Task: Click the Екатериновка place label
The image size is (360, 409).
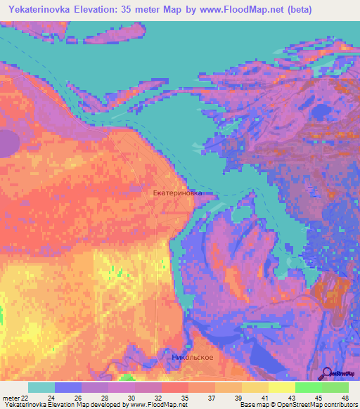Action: [177, 193]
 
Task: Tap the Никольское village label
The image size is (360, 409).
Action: [193, 357]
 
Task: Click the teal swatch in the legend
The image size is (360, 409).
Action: [41, 387]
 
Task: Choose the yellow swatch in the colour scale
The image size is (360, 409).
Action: [281, 387]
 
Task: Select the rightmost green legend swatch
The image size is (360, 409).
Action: [335, 387]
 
